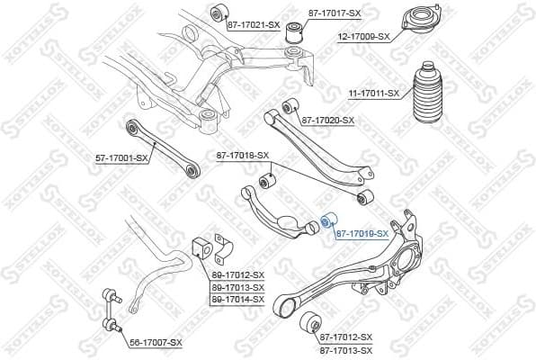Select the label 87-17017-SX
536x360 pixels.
pyautogui.click(x=335, y=13)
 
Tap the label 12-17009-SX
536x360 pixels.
pyautogui.click(x=364, y=37)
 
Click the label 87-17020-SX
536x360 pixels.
pyautogui.click(x=328, y=120)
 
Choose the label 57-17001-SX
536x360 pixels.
pyautogui.click(x=121, y=158)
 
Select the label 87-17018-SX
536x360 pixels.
pyautogui.click(x=243, y=155)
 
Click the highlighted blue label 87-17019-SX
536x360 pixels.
pyautogui.click(x=362, y=233)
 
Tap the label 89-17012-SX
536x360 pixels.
pyautogui.click(x=237, y=274)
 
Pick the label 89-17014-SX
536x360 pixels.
pyautogui.click(x=237, y=298)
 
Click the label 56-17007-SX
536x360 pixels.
pyautogui.click(x=155, y=342)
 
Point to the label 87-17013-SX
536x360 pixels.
pyautogui.click(x=344, y=347)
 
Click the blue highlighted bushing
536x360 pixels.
pyautogui.click(x=328, y=219)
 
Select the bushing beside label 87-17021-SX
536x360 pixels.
pyautogui.click(x=216, y=13)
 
